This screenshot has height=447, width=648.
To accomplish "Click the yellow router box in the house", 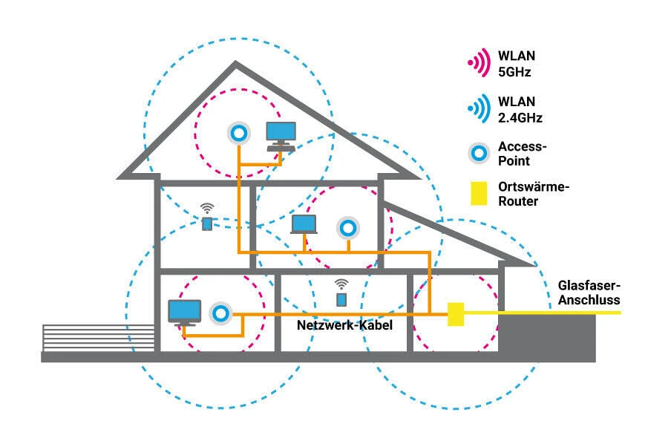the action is click(x=456, y=314).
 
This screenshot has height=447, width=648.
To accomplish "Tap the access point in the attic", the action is click(x=239, y=134).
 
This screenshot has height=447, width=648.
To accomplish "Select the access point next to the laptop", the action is click(x=348, y=228).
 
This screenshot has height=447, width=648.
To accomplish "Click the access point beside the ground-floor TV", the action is click(x=220, y=313).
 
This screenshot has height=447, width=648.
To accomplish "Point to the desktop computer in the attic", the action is click(x=281, y=137).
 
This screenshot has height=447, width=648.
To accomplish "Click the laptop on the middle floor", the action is click(x=304, y=224).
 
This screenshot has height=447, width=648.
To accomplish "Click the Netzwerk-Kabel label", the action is click(x=344, y=325).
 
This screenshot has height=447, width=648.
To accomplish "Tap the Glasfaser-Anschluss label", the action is click(x=589, y=293).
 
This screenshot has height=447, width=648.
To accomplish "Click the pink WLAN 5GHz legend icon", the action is click(x=479, y=62).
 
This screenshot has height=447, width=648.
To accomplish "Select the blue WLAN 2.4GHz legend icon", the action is click(x=479, y=108).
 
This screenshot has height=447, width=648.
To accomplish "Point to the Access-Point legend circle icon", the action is click(x=479, y=154).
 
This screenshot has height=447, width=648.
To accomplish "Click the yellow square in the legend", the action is click(x=479, y=194).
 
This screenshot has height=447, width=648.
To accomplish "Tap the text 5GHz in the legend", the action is click(x=514, y=72).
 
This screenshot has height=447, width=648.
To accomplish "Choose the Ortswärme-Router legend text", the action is click(x=534, y=194).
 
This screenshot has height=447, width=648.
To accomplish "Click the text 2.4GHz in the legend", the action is click(x=520, y=118).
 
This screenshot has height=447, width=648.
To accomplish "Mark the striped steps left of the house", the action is click(x=99, y=339).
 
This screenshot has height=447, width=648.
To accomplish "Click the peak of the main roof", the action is click(x=235, y=63).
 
